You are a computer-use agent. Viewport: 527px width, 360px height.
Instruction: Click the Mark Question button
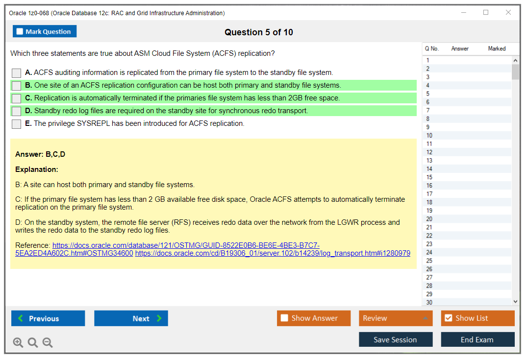45,31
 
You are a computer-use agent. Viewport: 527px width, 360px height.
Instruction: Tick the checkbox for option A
17,73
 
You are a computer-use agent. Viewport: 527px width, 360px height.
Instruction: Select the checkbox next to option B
17,86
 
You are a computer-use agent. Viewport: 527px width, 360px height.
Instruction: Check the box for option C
17,98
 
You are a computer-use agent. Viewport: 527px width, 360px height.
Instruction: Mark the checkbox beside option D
17,111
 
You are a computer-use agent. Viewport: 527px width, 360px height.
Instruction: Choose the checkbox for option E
17,124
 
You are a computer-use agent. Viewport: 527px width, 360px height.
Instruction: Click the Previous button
48,318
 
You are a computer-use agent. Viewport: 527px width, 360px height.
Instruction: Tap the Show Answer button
314,318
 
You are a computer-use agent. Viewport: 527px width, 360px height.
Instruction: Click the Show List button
477,318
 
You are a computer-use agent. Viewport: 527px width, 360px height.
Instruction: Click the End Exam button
477,339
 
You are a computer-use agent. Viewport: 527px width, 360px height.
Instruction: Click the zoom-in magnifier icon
18,342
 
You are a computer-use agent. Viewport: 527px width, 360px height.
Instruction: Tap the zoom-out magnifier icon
48,342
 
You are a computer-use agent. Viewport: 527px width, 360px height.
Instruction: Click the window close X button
508,13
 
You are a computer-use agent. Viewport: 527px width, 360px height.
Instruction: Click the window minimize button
463,13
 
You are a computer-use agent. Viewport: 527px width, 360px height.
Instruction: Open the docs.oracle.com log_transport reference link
273,253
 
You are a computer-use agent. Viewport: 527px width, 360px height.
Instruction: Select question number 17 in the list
429,194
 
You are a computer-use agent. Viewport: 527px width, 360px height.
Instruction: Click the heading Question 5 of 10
259,32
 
